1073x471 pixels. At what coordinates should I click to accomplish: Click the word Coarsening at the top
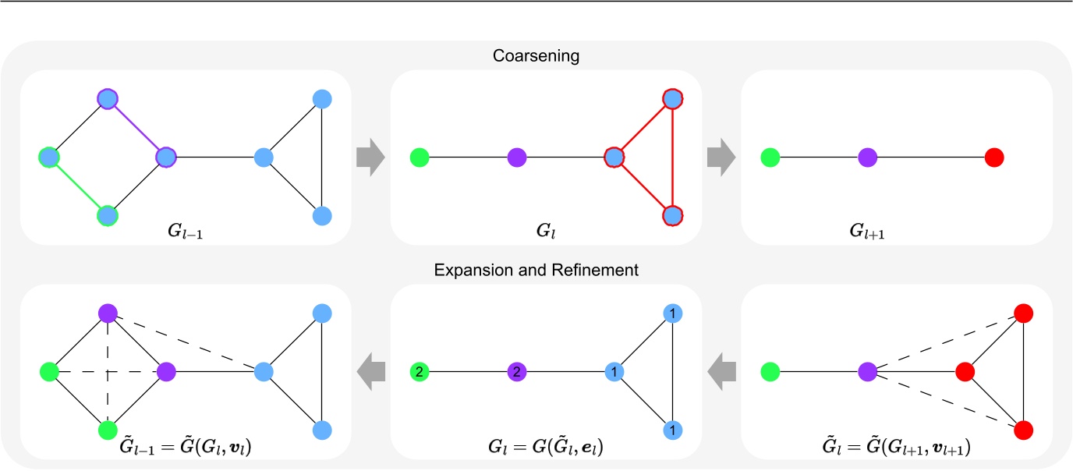coord(536,56)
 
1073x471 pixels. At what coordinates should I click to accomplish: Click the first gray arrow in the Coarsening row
coord(370,158)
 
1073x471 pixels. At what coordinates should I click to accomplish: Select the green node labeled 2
coord(420,372)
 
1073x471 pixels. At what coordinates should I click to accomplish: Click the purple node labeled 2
coord(515,372)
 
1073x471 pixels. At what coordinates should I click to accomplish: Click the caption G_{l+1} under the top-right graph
coord(896,232)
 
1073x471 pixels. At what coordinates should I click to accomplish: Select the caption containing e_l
coord(546,451)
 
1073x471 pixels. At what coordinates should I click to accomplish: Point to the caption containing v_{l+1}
coord(897,451)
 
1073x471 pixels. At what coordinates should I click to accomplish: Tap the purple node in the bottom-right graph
coord(868,372)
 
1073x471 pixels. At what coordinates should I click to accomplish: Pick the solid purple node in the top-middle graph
coord(515,158)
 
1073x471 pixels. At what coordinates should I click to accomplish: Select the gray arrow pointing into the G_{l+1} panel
coord(721,158)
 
